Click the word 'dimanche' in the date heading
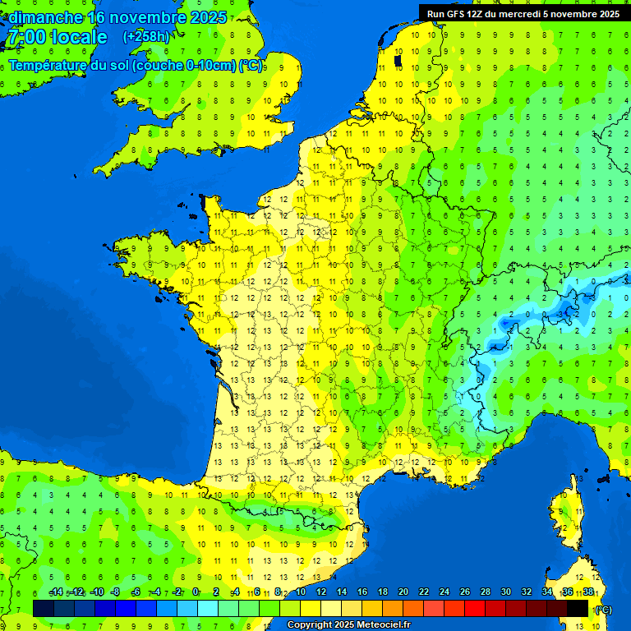click(46, 17)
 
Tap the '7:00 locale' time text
click(57, 37)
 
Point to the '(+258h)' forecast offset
click(146, 37)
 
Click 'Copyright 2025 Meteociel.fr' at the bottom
click(348, 625)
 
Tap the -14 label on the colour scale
click(56, 592)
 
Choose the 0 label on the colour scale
click(196, 592)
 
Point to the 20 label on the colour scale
click(403, 592)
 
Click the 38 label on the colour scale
click(588, 592)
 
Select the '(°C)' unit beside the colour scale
click(604, 610)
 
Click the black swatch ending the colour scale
click(578, 608)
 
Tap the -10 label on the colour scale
click(96, 592)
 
